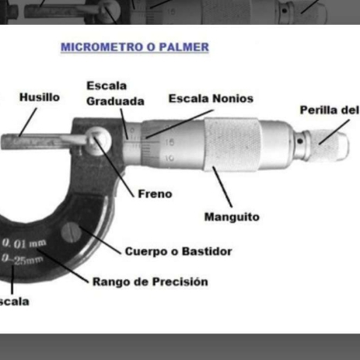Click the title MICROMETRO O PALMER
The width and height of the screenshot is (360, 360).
(135, 47)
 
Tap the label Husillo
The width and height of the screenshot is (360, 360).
(40, 98)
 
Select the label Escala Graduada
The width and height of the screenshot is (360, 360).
(115, 93)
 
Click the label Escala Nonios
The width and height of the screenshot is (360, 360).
(210, 100)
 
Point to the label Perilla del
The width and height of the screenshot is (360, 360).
(329, 110)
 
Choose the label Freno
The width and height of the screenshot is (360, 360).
(155, 194)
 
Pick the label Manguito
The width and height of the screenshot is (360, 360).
(232, 217)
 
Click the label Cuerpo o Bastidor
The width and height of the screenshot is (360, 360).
(178, 251)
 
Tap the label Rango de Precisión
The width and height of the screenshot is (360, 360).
(150, 281)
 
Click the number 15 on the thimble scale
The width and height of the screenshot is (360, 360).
(170, 142)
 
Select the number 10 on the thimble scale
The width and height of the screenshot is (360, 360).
(170, 158)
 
